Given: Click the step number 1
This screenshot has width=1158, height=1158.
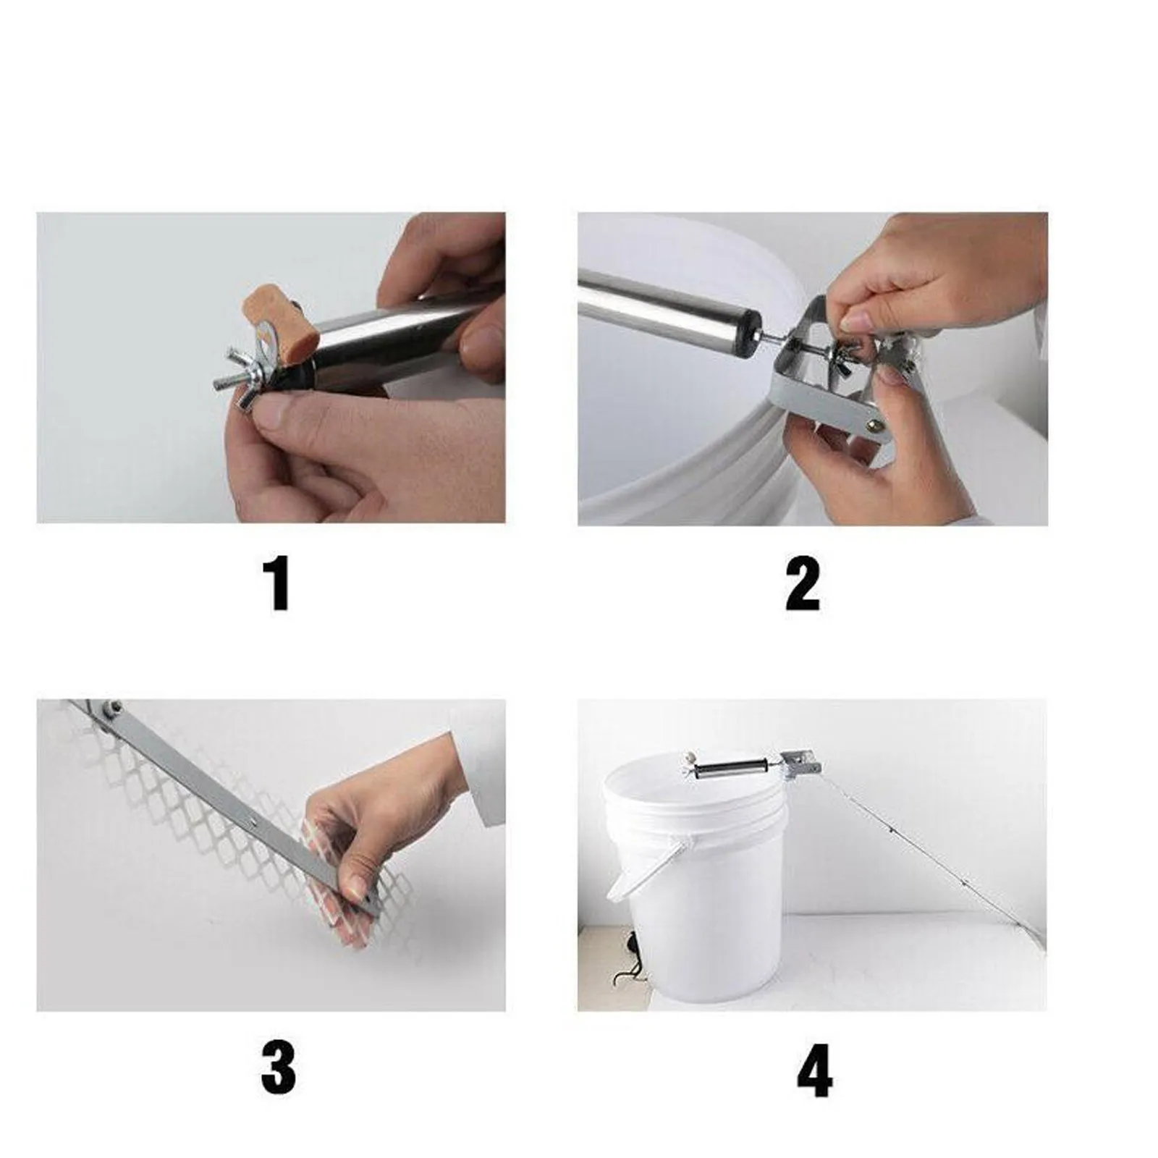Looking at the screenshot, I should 279,583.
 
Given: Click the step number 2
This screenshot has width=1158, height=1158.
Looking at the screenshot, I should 803,583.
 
